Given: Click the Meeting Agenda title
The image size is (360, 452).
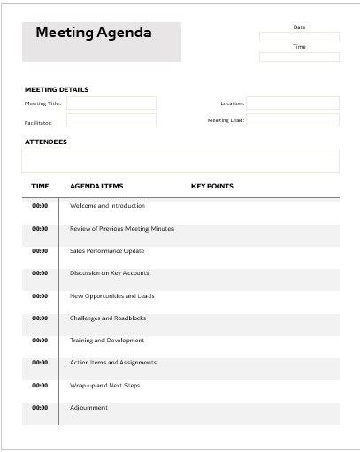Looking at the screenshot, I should [x=94, y=34].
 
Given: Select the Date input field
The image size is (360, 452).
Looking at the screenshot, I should [x=299, y=37].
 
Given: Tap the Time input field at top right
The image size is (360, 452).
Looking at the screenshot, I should [x=299, y=57].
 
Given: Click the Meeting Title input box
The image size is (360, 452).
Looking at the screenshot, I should [x=111, y=103].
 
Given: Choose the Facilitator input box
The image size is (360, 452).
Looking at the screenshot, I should [x=111, y=120].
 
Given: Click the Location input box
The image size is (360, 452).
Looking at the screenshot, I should [x=292, y=103].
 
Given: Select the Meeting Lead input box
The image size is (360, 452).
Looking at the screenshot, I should [x=292, y=120].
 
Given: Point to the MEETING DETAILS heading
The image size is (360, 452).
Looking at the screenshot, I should [x=57, y=89].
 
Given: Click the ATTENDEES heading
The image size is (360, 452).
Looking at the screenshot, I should [x=46, y=142].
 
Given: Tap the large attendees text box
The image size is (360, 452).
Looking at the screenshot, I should [x=180, y=161].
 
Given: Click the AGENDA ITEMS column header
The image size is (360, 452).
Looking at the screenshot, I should [x=96, y=187].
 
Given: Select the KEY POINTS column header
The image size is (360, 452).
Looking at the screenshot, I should [x=212, y=187].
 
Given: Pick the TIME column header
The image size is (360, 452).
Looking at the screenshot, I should [x=40, y=187].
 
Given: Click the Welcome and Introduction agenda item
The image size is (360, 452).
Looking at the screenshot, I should [x=107, y=206].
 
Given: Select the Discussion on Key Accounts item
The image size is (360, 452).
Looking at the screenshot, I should [x=110, y=273].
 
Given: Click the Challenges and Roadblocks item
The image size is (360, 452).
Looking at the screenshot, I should [x=107, y=318].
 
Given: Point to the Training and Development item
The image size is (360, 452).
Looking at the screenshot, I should [x=107, y=341].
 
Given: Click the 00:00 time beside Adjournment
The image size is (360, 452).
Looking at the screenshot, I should [x=40, y=408].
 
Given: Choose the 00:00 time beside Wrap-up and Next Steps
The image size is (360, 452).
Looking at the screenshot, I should [x=40, y=386].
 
